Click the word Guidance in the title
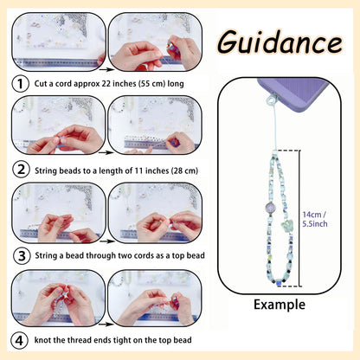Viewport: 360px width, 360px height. pyautogui.click(x=280, y=42)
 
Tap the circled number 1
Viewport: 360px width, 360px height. pyautogui.click(x=20, y=84)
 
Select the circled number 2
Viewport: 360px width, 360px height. pyautogui.click(x=21, y=170)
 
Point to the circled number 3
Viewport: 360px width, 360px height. pyautogui.click(x=22, y=256)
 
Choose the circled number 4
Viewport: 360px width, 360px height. pyautogui.click(x=19, y=341)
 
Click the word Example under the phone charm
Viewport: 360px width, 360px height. pyautogui.click(x=280, y=305)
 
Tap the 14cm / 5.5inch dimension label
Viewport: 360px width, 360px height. pyautogui.click(x=315, y=219)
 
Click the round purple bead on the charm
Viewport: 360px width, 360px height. pyautogui.click(x=271, y=208)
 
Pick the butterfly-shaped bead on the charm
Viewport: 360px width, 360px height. pyautogui.click(x=287, y=227)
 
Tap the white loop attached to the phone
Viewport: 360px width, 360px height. pyautogui.click(x=271, y=100)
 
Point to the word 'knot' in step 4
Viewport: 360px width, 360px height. pyautogui.click(x=42, y=340)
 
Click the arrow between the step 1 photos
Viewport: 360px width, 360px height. pyautogui.click(x=106, y=69)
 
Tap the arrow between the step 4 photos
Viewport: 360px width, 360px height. pyautogui.click(x=106, y=325)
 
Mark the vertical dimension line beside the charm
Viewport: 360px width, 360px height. pyautogui.click(x=299, y=218)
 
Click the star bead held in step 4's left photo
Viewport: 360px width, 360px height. pyautogui.click(x=67, y=294)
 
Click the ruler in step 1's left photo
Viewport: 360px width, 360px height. pyautogui.click(x=56, y=62)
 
